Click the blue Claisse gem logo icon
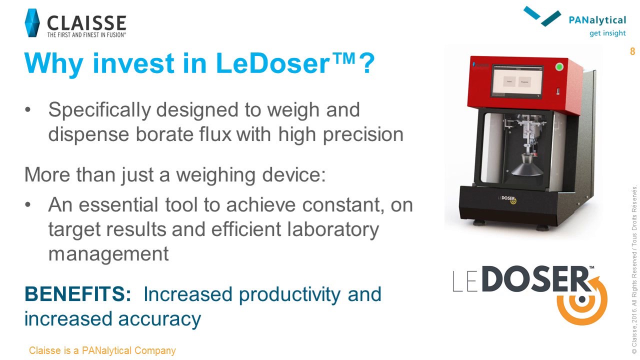[32, 23]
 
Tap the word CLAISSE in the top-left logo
[86, 22]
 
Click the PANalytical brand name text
[597, 20]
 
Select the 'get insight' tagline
[607, 33]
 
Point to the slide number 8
[632, 51]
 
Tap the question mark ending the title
[367, 63]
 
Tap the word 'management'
[108, 253]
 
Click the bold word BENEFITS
[77, 294]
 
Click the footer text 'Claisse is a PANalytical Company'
[102, 350]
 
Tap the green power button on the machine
[559, 67]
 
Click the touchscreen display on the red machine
[517, 81]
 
